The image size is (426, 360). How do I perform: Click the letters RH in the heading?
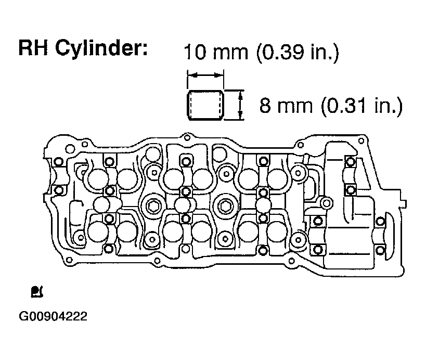[33, 47]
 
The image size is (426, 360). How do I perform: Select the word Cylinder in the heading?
[101, 49]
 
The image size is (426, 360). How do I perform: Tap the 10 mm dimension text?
[216, 52]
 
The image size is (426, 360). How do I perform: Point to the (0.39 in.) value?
[298, 52]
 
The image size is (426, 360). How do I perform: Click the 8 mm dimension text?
[286, 106]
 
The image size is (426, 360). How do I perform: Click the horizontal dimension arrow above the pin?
[205, 75]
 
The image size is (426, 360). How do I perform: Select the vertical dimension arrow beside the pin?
[240, 105]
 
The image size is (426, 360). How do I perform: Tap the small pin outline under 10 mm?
[205, 105]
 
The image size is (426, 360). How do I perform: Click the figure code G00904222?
[53, 316]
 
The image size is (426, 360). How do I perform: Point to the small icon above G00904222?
[37, 291]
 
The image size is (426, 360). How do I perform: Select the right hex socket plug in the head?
[224, 207]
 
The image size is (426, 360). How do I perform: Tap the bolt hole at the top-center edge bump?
[187, 137]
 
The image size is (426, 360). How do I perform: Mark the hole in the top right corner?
[361, 141]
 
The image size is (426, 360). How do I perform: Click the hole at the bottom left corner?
[69, 260]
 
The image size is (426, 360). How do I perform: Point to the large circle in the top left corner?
[70, 149]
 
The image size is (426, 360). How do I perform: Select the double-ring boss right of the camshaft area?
[327, 203]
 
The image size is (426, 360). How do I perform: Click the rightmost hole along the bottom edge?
[291, 261]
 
